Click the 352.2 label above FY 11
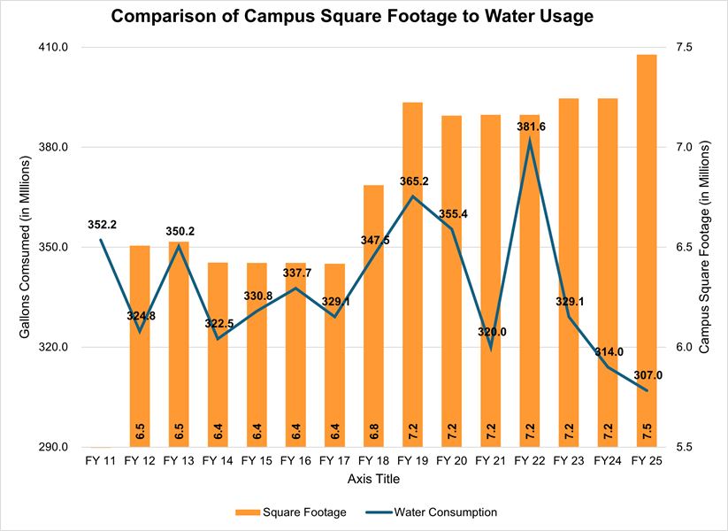pyautogui.click(x=102, y=224)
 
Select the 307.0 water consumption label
pyautogui.click(x=648, y=375)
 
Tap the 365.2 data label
pyautogui.click(x=413, y=181)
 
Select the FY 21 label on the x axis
pyautogui.click(x=490, y=461)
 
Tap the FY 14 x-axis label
pyautogui.click(x=218, y=461)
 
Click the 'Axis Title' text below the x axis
pyautogui.click(x=374, y=479)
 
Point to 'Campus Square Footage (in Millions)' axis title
pyautogui.click(x=705, y=247)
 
